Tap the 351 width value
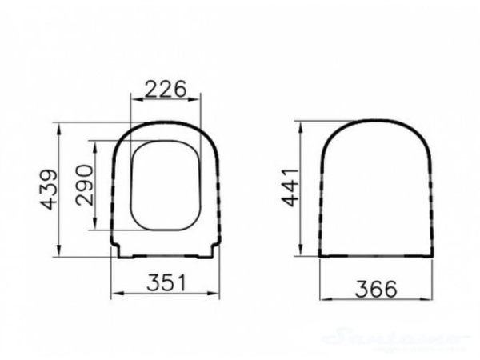[x=166, y=282]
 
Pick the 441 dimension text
[x=290, y=187]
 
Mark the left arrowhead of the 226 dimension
[x=133, y=101]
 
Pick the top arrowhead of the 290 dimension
[x=97, y=146]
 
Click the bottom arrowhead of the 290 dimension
[x=97, y=227]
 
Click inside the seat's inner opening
[x=164, y=186]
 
